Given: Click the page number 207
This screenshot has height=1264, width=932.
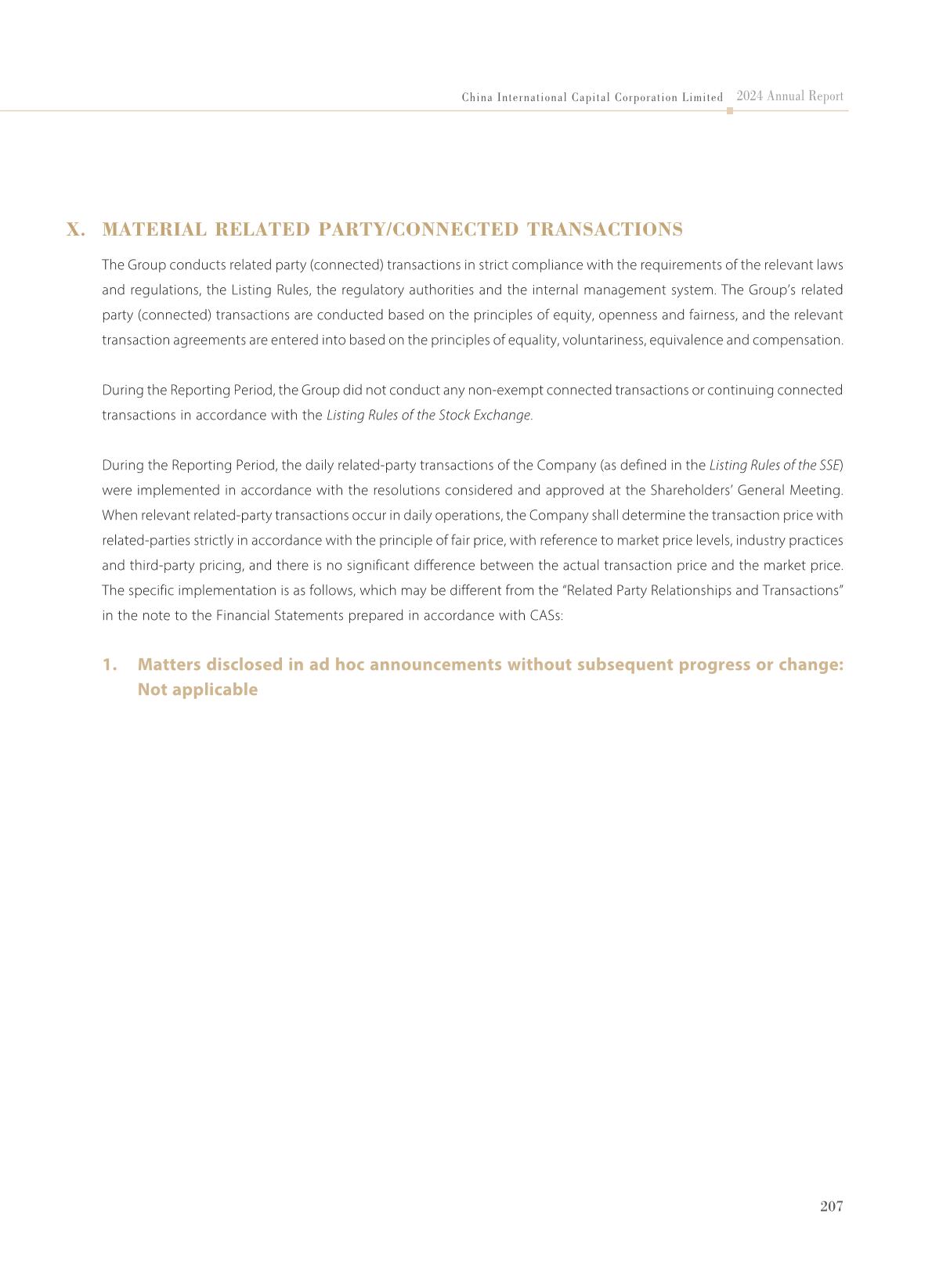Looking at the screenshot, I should (831, 1206).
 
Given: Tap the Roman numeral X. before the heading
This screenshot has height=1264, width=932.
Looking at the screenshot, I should (76, 229).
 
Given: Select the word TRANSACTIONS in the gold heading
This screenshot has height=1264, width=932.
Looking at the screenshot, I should (605, 229).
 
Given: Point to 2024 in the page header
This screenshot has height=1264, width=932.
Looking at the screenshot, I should (750, 96).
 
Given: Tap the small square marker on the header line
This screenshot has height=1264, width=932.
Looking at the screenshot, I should (730, 111).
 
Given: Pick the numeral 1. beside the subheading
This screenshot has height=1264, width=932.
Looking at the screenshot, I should (110, 664).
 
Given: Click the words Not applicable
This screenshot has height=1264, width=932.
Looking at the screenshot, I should (197, 690).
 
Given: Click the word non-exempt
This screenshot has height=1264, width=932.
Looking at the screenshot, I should (506, 390).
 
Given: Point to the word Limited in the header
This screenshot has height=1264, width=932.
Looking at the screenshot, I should (703, 98).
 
